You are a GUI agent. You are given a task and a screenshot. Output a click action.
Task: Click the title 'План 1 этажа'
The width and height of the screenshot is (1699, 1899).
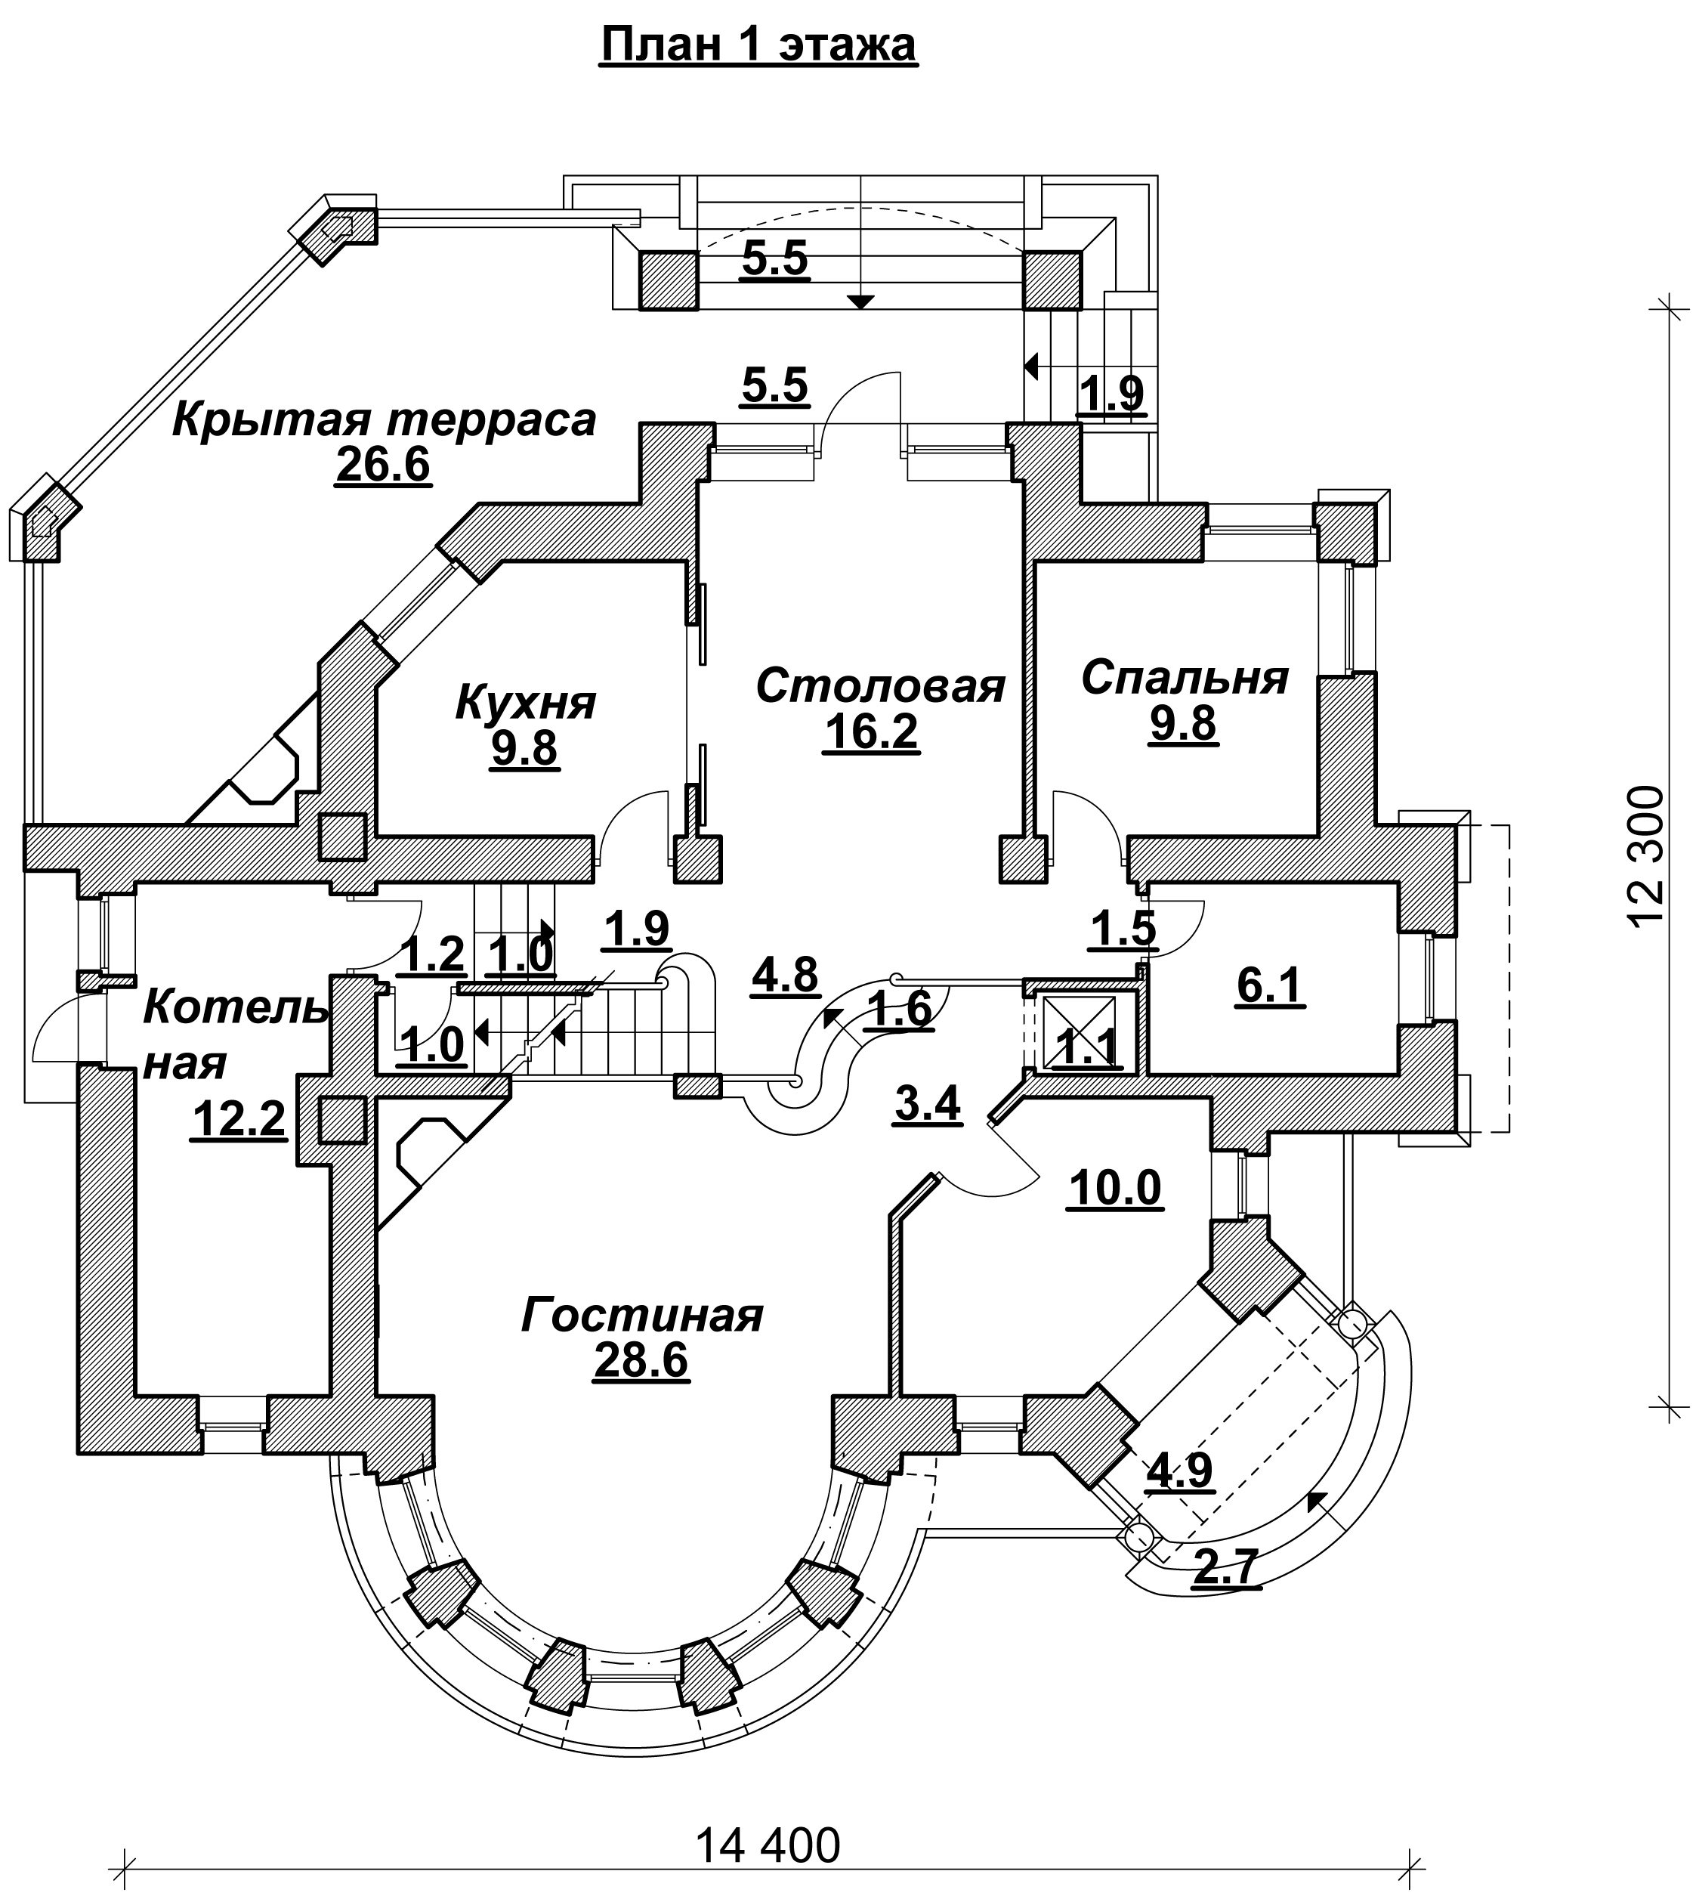758,45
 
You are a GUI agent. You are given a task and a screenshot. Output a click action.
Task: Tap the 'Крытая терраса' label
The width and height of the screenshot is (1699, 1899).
384,419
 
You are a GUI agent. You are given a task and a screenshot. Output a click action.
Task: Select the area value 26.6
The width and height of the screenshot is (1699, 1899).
383,464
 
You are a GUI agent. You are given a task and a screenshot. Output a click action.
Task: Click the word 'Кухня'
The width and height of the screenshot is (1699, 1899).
526,701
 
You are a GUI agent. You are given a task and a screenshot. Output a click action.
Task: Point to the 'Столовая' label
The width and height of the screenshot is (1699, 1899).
880,685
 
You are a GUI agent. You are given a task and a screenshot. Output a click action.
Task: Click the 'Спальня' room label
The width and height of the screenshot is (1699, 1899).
1185,678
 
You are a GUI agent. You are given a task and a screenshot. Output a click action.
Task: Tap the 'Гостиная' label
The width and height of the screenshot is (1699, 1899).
642,1316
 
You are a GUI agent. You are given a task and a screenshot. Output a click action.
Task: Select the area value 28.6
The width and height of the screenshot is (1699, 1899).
641,1360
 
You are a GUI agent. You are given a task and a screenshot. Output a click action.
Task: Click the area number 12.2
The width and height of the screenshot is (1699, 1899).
238,1118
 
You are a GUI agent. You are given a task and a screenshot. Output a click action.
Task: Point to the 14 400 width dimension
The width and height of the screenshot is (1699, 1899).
768,1846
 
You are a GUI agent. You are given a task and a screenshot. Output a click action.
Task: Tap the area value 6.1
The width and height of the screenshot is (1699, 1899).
1270,985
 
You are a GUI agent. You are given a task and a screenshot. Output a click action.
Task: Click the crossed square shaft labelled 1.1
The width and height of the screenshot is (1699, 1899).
1079,1031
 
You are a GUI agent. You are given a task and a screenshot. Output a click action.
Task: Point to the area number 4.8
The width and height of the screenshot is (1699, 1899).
785,974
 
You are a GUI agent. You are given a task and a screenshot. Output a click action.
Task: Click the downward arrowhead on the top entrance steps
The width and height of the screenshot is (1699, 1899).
860,302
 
